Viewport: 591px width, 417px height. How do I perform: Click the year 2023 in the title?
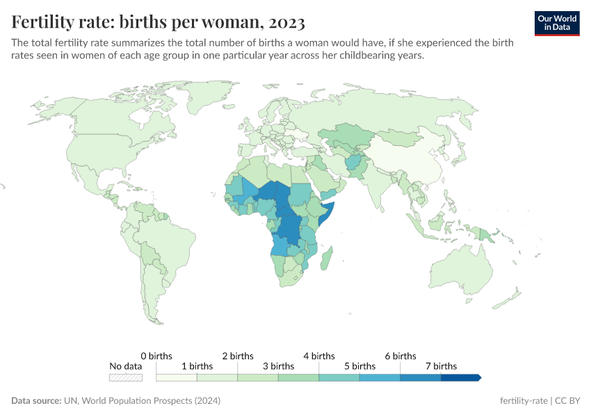(x=284, y=22)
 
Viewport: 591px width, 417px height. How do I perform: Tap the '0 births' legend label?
(x=156, y=356)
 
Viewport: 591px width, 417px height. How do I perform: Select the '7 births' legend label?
(x=441, y=366)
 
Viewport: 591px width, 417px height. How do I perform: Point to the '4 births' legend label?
(x=318, y=356)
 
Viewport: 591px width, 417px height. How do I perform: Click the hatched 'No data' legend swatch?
(x=126, y=377)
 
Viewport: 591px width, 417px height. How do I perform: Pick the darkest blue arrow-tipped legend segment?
(x=460, y=377)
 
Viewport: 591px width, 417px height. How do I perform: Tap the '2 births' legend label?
(x=237, y=356)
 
